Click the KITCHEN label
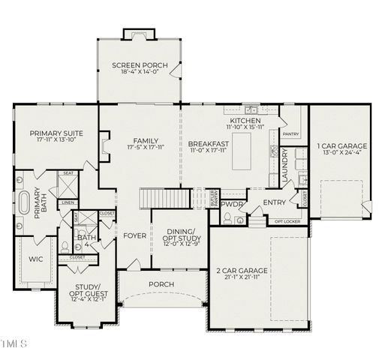click(245, 121)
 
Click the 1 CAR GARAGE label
click(341, 145)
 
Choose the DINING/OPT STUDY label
click(179, 235)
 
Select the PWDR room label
click(231, 203)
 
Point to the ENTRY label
click(273, 202)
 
